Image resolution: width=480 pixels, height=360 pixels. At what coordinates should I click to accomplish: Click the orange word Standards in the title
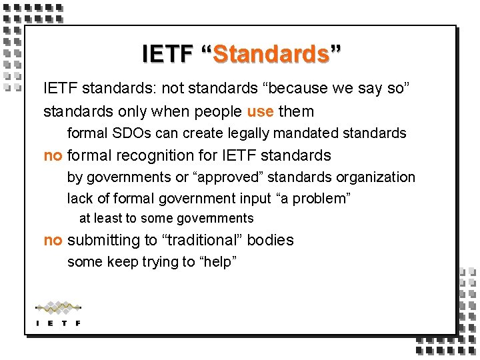tap(271, 53)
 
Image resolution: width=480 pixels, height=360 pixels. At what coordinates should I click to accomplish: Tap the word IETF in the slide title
tap(167, 53)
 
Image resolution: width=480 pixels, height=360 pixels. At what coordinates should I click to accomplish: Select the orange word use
tap(260, 111)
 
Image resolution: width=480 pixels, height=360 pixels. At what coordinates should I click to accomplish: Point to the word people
tap(212, 111)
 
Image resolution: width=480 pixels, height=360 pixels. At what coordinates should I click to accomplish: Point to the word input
tap(255, 199)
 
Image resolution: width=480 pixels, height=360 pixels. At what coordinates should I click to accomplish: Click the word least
tap(108, 218)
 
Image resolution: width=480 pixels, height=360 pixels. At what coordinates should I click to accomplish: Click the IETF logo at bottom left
tap(58, 313)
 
